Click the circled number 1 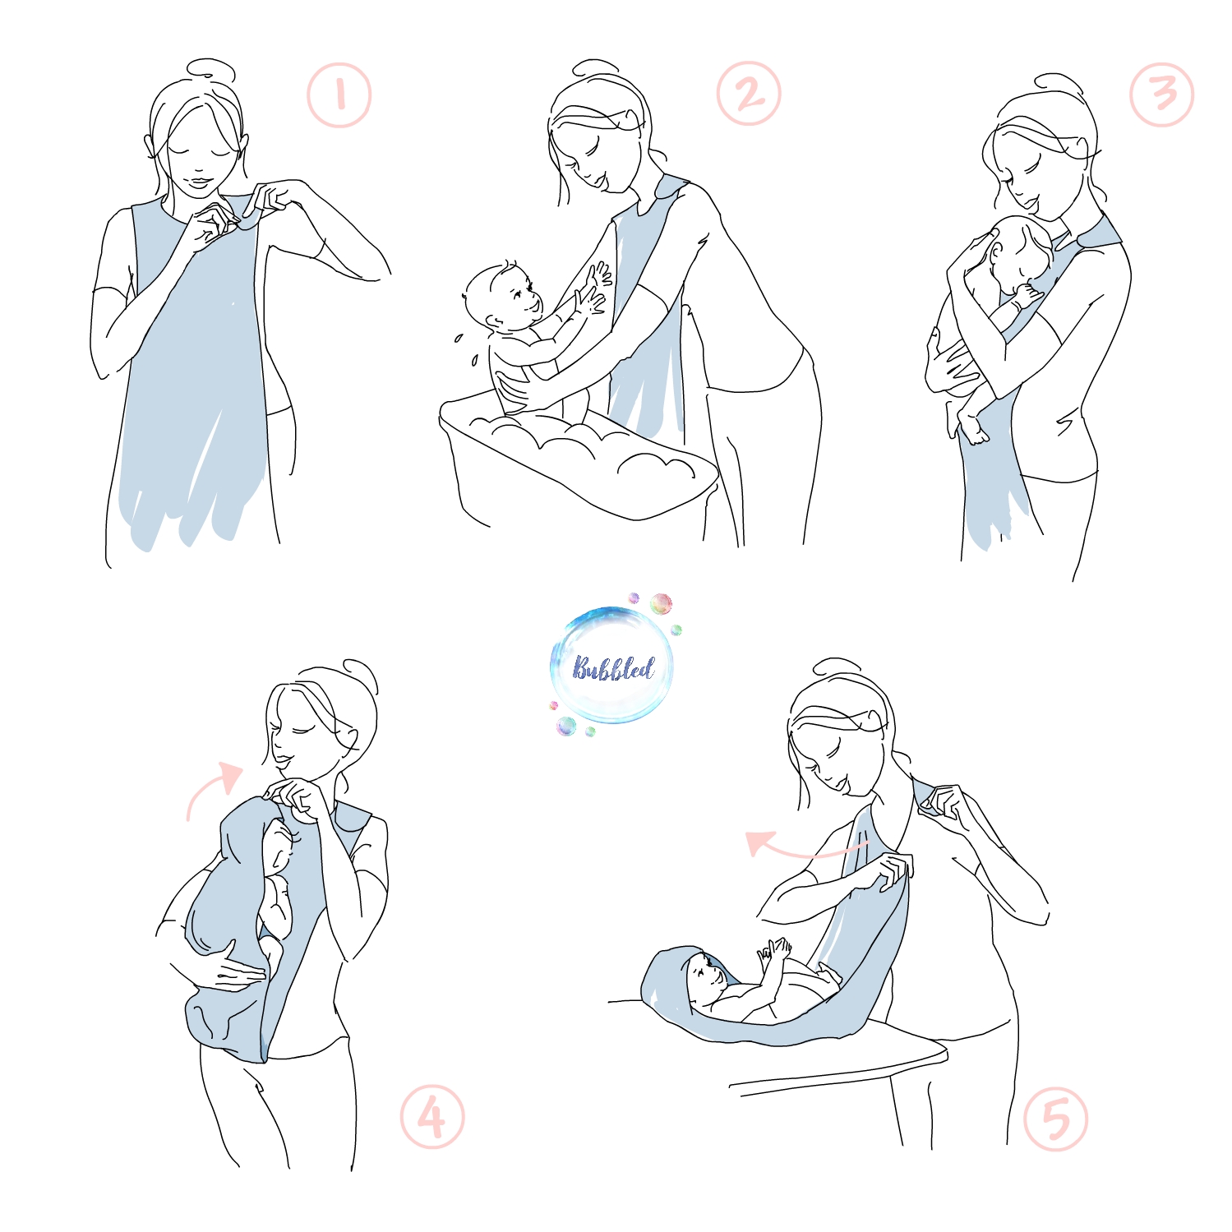339,95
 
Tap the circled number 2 748,94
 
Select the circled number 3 1161,95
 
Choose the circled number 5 1056,1119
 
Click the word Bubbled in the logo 613,667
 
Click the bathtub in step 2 575,460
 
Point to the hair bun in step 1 210,70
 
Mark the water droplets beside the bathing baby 466,348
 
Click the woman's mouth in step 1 197,181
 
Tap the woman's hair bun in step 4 360,674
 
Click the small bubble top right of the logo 661,605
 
